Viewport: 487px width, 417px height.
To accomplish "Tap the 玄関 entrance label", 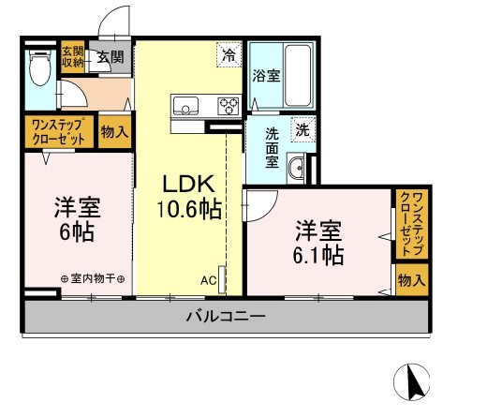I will tap(110, 57).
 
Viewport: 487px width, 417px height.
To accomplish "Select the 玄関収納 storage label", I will tap(72, 56).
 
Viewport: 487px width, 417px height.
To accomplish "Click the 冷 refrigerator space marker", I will tap(228, 56).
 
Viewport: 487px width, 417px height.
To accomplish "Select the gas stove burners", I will tap(229, 104).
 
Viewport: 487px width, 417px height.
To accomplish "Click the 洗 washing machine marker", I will tap(303, 128).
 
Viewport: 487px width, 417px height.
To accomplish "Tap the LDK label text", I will tap(189, 182).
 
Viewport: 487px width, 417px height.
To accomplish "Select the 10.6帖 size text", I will tap(191, 209).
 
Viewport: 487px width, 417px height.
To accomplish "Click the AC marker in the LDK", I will tap(208, 280).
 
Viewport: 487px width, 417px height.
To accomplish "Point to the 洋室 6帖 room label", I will tap(76, 218).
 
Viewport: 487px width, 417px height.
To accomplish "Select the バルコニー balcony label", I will tap(225, 317).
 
